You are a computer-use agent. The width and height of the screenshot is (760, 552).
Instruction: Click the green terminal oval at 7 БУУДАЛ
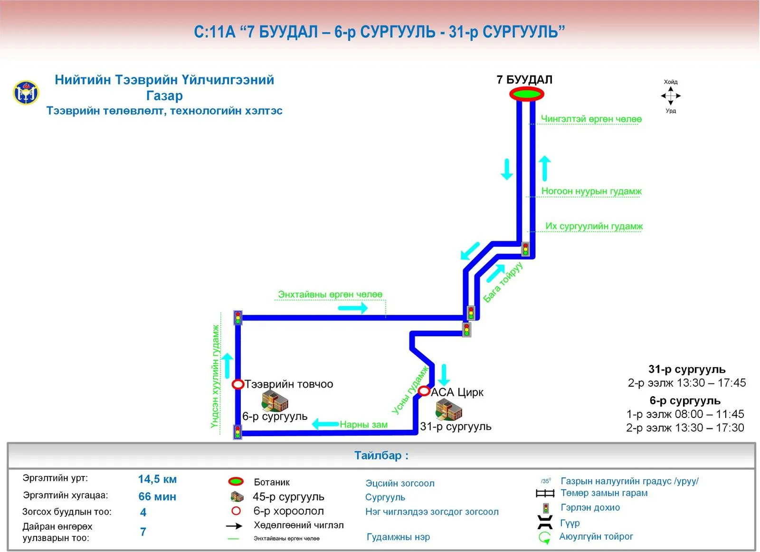[x=527, y=94]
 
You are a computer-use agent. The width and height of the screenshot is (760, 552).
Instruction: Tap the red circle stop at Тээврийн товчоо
[x=238, y=384]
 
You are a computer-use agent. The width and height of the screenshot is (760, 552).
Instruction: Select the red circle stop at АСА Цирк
[x=424, y=391]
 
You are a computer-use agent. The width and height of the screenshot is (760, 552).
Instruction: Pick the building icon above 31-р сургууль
[x=449, y=409]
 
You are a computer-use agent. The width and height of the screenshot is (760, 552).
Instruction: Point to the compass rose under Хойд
[x=670, y=96]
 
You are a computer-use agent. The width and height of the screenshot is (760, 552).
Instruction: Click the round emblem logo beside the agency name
[x=26, y=93]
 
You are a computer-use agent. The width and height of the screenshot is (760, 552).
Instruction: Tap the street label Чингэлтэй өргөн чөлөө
[x=591, y=119]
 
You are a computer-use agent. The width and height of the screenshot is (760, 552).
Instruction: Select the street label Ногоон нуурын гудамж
[x=591, y=191]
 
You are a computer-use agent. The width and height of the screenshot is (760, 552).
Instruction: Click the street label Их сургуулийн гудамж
[x=594, y=226]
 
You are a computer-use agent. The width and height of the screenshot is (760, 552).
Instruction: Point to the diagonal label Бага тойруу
[x=503, y=282]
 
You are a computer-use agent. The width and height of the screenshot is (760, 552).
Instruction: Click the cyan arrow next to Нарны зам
[x=325, y=424]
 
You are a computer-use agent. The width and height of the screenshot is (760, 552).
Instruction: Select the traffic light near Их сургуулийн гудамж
[x=525, y=249]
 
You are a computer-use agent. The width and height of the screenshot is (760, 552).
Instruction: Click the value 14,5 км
[x=157, y=479]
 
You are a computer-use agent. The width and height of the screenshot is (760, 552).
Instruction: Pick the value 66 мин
[x=157, y=497]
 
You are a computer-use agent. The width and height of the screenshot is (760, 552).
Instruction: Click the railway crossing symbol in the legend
[x=545, y=493]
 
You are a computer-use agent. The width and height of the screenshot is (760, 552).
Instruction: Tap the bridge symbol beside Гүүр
[x=545, y=522]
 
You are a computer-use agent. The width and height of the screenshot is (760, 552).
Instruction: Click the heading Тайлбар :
[x=381, y=455]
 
